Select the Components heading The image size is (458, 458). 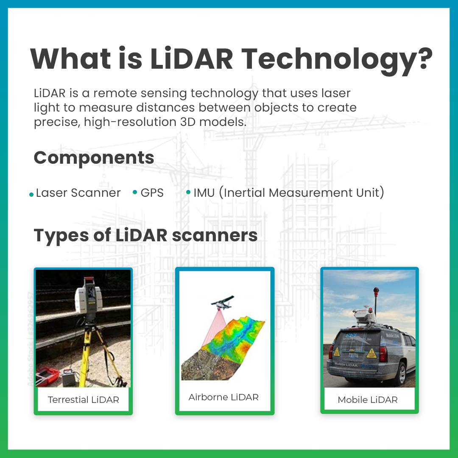[x=94, y=158]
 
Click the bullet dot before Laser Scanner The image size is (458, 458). [x=31, y=195]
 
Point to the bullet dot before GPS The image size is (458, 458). [x=135, y=192]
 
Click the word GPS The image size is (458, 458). [x=152, y=193]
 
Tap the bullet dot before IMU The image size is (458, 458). [x=188, y=192]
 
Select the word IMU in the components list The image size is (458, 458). [x=204, y=193]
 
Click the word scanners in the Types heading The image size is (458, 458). [x=215, y=235]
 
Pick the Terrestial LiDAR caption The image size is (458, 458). [x=83, y=399]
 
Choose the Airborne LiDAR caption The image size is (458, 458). [x=223, y=397]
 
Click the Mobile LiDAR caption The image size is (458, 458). [x=367, y=399]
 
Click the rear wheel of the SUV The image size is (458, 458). [x=401, y=374]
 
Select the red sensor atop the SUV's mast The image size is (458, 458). [x=376, y=291]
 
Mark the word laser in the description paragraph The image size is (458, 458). [x=336, y=93]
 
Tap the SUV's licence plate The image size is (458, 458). [x=353, y=355]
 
